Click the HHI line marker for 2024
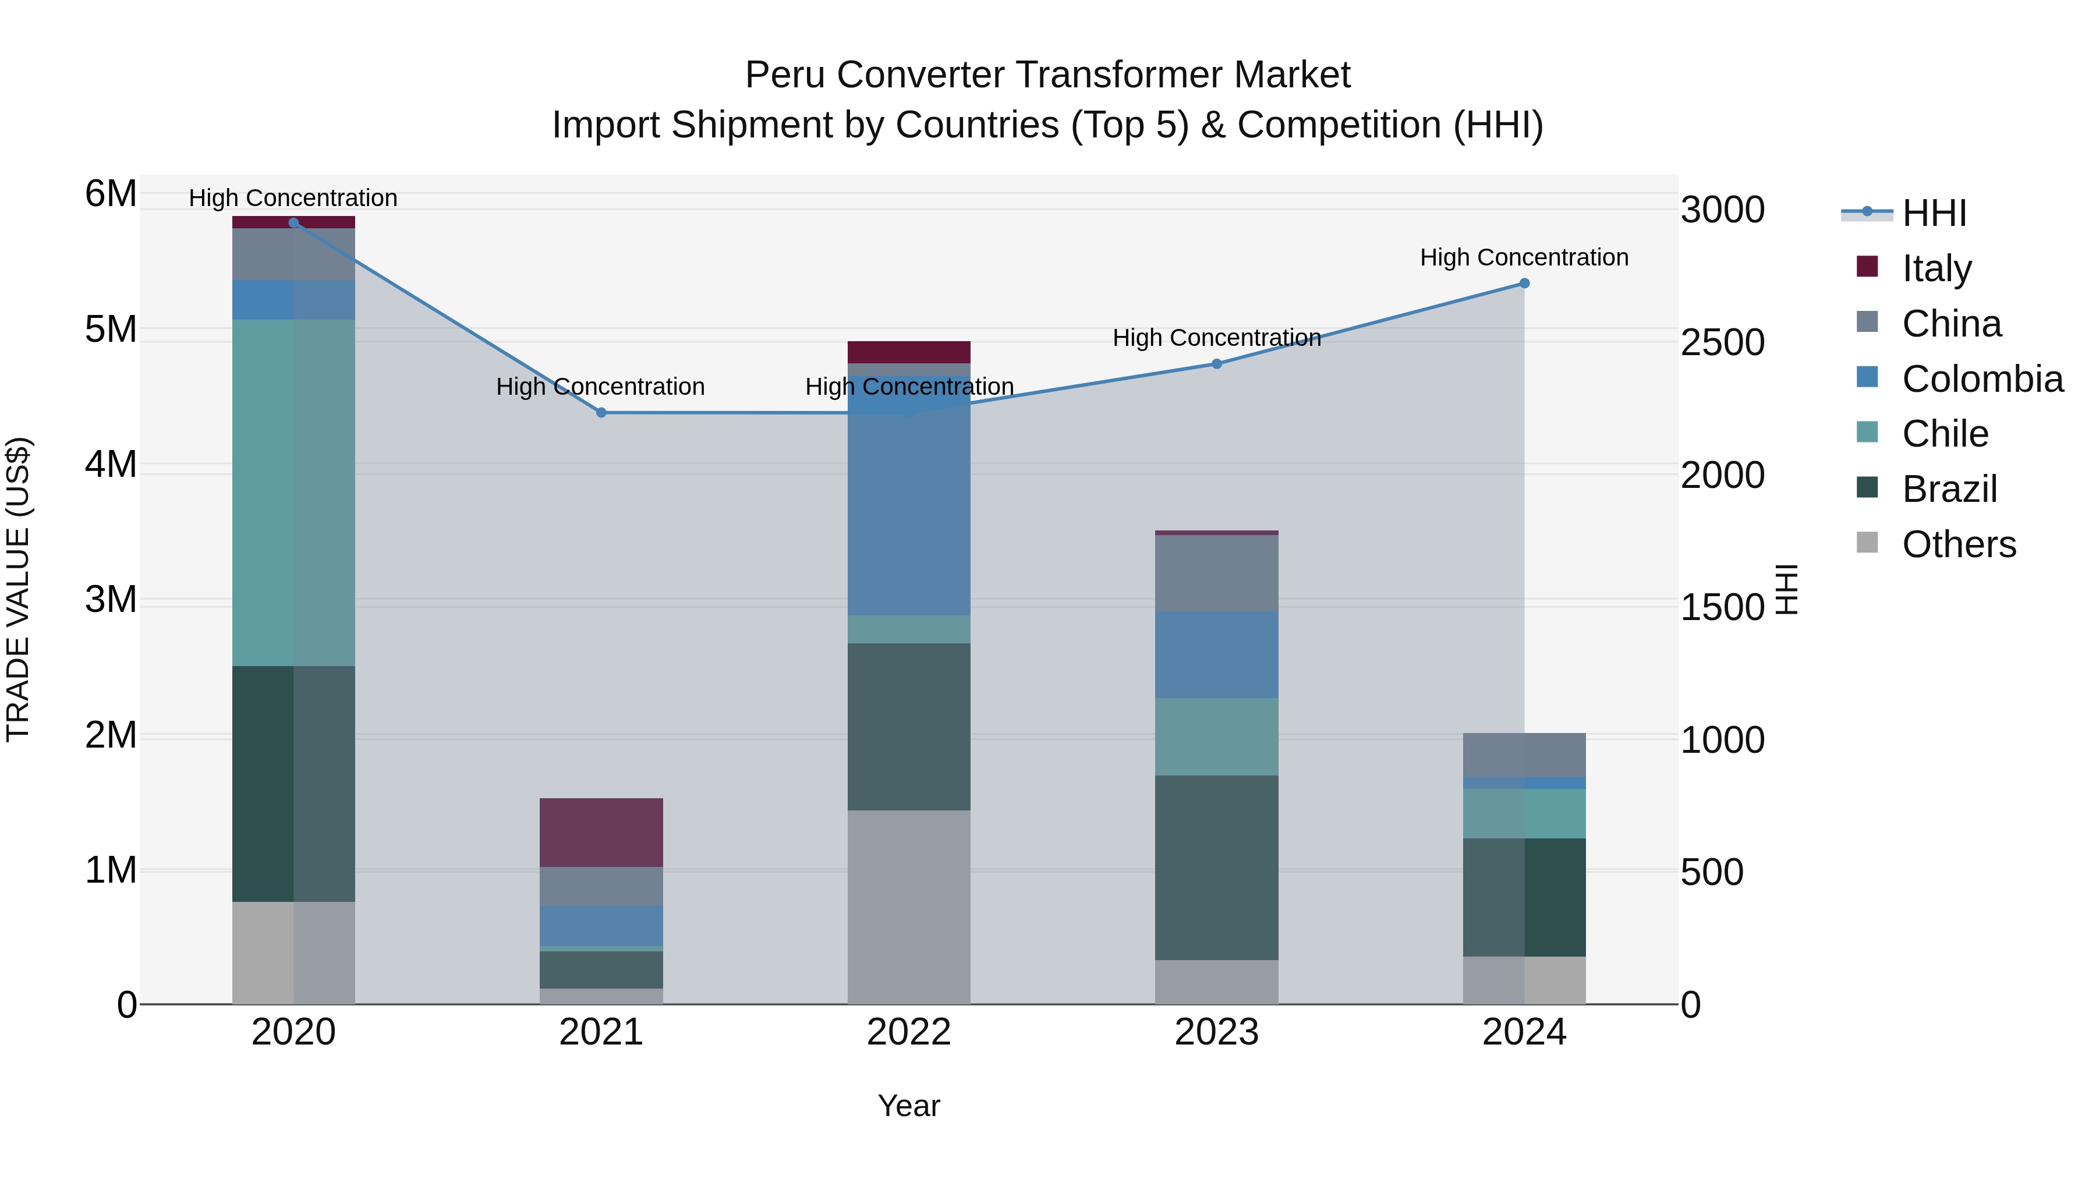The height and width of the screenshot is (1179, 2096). tap(1524, 283)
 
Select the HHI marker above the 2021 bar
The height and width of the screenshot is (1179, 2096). tap(601, 413)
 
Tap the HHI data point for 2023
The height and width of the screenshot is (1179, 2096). tap(1216, 364)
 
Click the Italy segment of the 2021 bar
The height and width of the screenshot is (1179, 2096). tap(601, 833)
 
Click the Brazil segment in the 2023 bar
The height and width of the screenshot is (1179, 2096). tap(1216, 868)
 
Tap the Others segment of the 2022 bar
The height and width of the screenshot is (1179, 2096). tap(909, 907)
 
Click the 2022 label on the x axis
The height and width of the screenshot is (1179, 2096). tap(909, 1032)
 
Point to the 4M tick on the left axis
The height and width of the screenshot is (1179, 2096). tap(111, 465)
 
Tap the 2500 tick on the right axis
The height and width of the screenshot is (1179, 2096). tap(1722, 342)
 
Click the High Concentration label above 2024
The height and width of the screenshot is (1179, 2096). tap(1524, 257)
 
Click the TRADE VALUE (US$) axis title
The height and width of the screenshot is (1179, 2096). tap(18, 589)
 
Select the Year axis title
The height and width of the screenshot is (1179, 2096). tap(909, 1106)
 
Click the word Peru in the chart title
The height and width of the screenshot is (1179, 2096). tap(786, 75)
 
